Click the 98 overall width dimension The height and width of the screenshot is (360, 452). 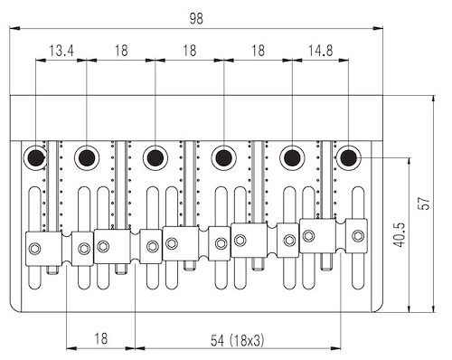point(196,19)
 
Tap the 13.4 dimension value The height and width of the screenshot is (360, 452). point(61,51)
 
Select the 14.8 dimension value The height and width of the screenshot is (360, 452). point(320,51)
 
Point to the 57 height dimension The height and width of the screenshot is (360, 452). point(425,204)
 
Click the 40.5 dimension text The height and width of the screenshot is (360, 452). point(400,235)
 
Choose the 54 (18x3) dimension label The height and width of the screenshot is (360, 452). point(237,341)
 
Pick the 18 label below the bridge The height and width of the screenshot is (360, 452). point(101,338)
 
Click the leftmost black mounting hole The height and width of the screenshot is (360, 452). point(36,157)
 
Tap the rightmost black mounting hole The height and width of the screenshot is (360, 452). point(349,157)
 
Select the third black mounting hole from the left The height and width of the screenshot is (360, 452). point(155,157)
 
